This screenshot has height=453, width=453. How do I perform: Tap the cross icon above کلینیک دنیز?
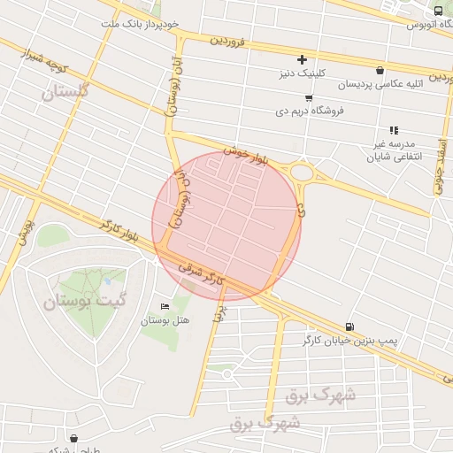pyautogui.click(x=303, y=59)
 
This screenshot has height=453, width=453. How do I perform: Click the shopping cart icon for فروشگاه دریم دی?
pyautogui.click(x=308, y=98)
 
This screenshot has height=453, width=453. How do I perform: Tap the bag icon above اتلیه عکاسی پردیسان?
pyautogui.click(x=380, y=71)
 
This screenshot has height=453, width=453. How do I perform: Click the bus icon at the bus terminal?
pyautogui.click(x=438, y=12)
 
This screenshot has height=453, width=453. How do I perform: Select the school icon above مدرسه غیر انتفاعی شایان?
pyautogui.click(x=394, y=130)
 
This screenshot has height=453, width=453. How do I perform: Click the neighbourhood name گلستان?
pyautogui.click(x=67, y=90)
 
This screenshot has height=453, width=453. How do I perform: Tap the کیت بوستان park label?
pyautogui.click(x=85, y=300)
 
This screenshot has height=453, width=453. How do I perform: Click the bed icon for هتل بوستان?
pyautogui.click(x=165, y=307)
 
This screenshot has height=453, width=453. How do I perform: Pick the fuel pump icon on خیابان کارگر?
pyautogui.click(x=349, y=326)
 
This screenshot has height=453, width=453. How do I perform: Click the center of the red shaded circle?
pyautogui.click(x=226, y=226)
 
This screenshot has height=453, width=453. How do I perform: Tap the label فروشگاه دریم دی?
pyautogui.click(x=316, y=111)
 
